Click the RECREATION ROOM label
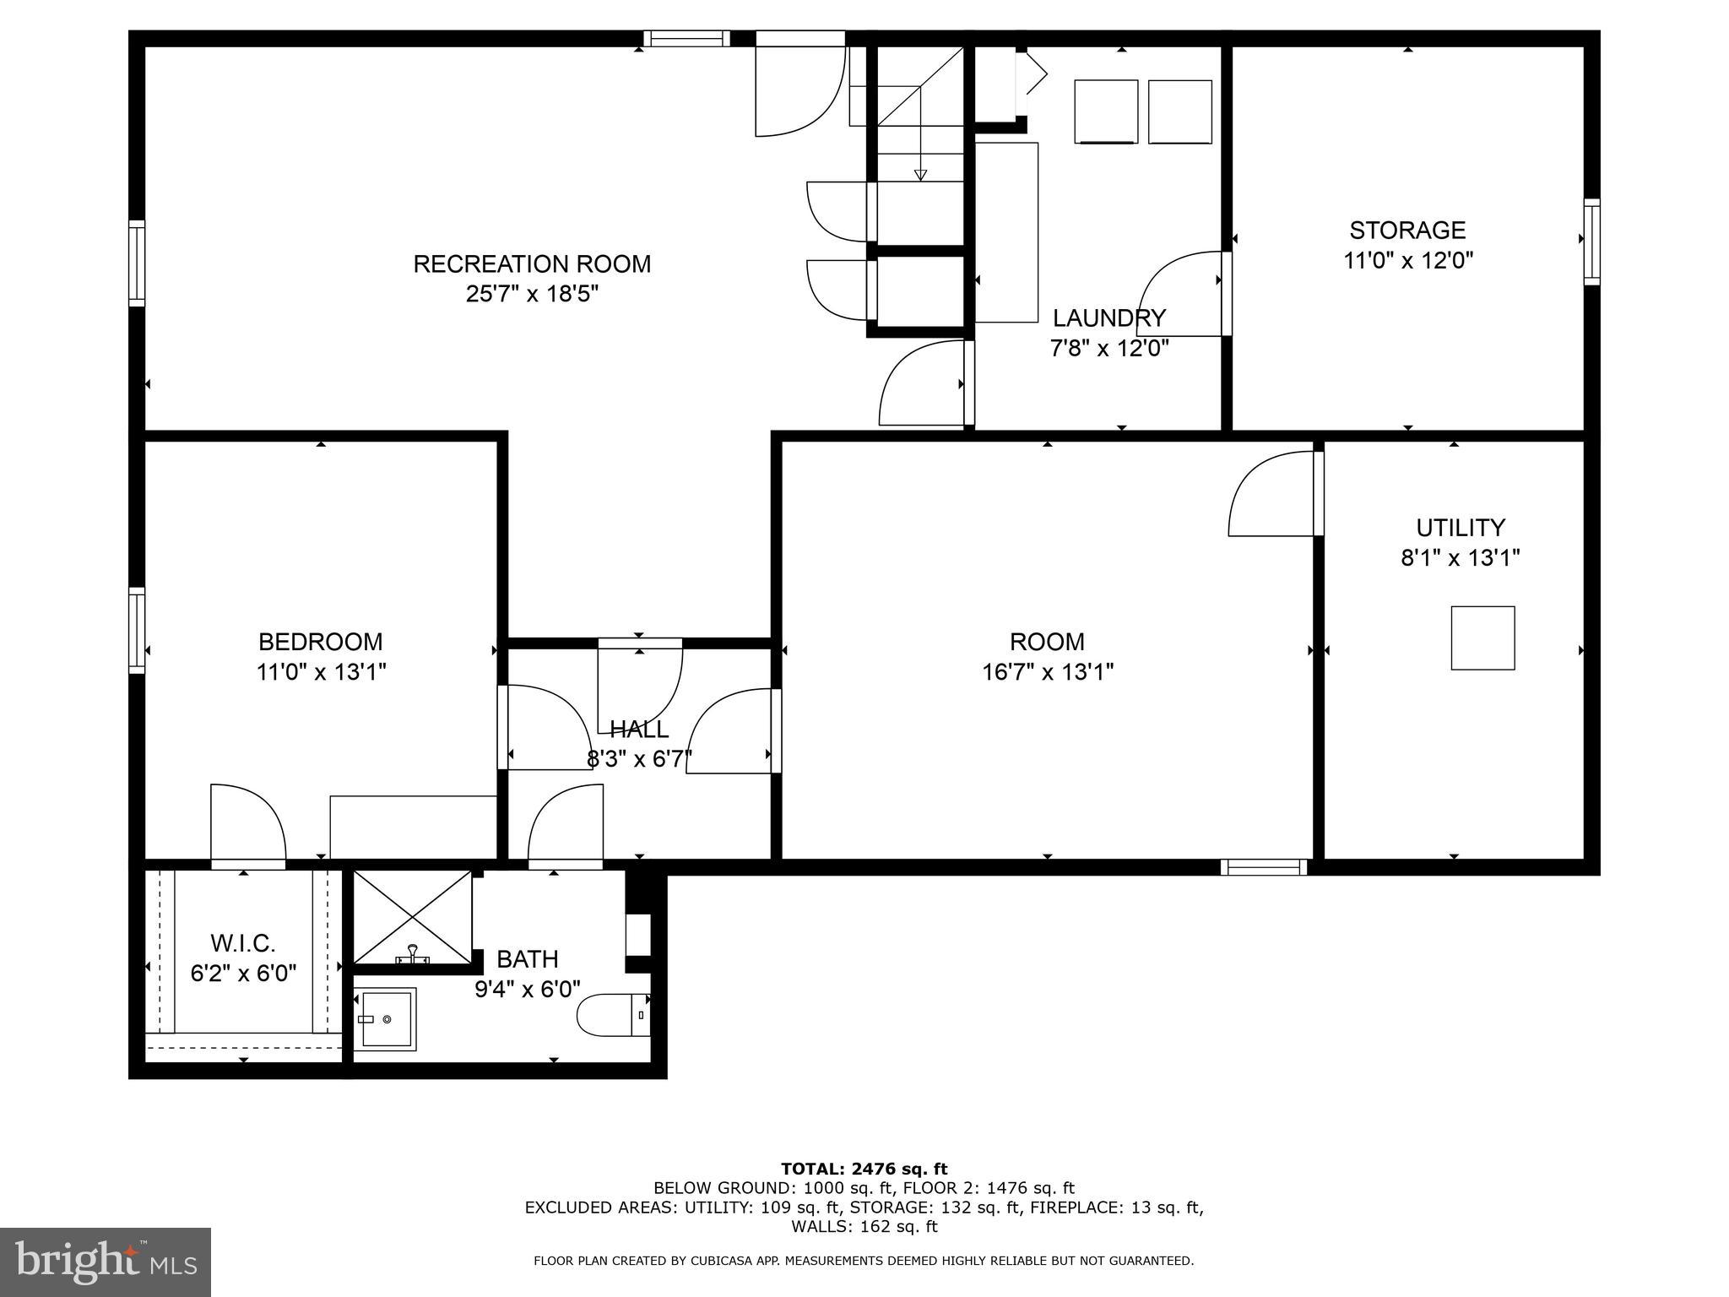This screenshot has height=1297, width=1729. tap(532, 264)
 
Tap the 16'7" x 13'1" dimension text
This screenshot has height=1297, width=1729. tap(1047, 672)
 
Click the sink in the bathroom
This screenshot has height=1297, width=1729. tap(385, 1019)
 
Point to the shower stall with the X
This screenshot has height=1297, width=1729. tap(412, 916)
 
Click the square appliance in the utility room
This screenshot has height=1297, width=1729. tap(1482, 638)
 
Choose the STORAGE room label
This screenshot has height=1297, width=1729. tap(1407, 231)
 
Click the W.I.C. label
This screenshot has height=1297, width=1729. tap(243, 943)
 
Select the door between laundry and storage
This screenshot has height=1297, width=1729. tap(1182, 291)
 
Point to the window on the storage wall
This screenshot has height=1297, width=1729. tap(1591, 241)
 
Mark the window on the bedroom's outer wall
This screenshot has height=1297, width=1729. tap(137, 630)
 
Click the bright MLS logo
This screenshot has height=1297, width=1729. tap(106, 1262)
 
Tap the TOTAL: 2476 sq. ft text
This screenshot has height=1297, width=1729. tap(864, 1169)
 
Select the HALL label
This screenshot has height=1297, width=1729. tap(639, 729)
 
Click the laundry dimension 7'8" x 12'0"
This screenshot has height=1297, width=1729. tap(1108, 348)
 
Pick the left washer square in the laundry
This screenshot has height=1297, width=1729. tap(1105, 111)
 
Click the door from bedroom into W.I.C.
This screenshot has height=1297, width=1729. tap(247, 824)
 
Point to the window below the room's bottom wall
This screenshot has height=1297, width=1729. tap(1263, 867)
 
